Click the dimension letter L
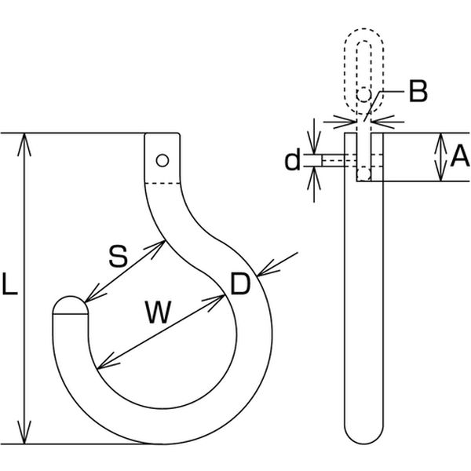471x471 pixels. [9, 283]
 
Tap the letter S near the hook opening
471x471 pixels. [118, 256]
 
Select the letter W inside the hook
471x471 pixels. [159, 312]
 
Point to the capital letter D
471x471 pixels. [240, 283]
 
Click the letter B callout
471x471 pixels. [418, 91]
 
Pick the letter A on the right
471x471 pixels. [460, 155]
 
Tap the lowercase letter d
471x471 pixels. [292, 160]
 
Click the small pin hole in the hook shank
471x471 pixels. [162, 160]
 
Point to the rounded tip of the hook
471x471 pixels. [71, 304]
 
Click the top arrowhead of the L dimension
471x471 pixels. [24, 144]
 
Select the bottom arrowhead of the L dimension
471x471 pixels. [24, 433]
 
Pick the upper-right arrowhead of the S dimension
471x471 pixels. [155, 248]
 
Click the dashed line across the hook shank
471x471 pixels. [162, 183]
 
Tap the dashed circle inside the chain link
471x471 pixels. [363, 95]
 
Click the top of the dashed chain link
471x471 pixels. [363, 30]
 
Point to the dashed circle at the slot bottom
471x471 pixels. [363, 174]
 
